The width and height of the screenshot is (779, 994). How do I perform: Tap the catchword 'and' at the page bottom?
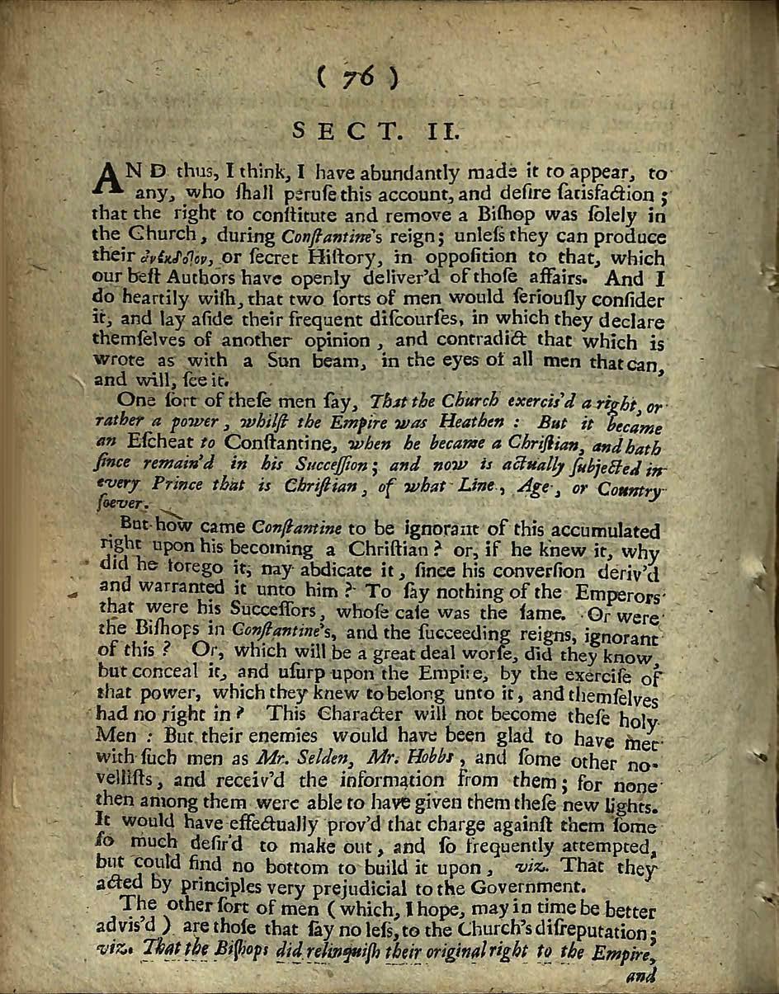[x=640, y=976]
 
